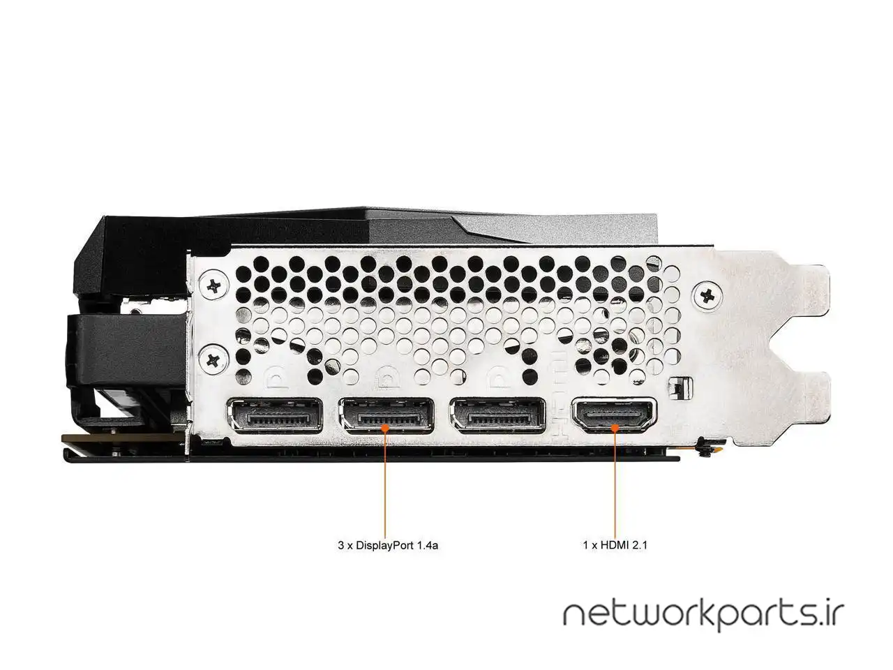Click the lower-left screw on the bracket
212,360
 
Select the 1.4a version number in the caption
427,546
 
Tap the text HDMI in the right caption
611,546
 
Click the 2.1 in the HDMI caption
640,546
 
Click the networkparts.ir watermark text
703,616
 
